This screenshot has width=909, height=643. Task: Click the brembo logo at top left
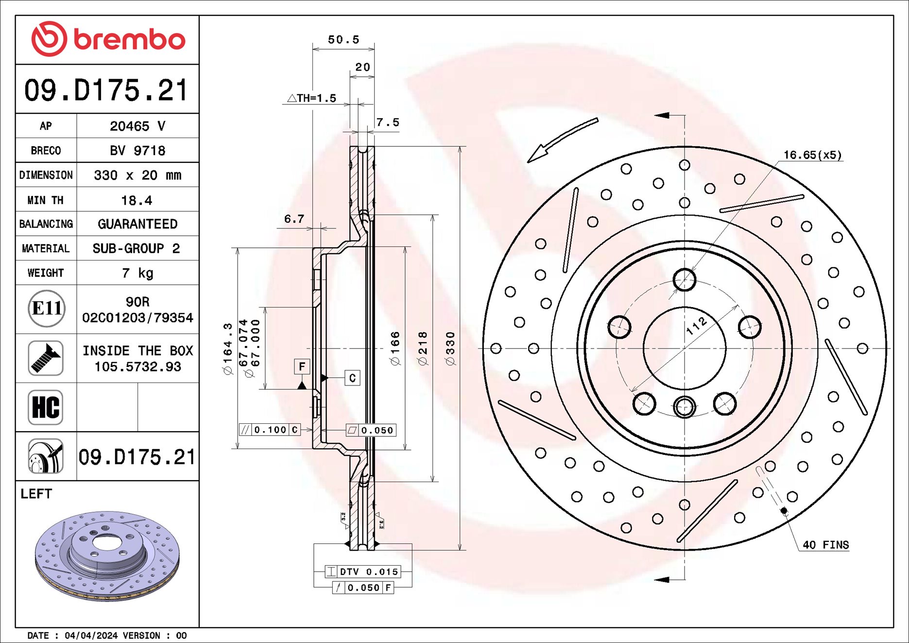[108, 39]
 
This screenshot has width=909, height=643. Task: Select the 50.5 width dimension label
[343, 40]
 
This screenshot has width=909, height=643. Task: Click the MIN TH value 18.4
[137, 200]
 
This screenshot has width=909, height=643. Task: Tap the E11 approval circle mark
[46, 309]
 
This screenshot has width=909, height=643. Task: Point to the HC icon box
[46, 407]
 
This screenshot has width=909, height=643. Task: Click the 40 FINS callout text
[825, 545]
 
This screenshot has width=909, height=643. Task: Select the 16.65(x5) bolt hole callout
[812, 155]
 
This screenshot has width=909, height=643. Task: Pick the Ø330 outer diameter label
[450, 348]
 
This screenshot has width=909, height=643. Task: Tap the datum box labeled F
[302, 366]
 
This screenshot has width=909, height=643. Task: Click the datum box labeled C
[352, 378]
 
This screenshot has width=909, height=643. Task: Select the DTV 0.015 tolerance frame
[363, 572]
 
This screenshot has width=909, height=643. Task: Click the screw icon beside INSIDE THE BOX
[46, 358]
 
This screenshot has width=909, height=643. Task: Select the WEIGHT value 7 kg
[137, 273]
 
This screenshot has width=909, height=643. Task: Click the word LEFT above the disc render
[36, 494]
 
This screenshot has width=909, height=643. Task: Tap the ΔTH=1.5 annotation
[312, 98]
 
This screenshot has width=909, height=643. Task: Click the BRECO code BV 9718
[137, 151]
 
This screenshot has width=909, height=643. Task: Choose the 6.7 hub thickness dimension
[294, 219]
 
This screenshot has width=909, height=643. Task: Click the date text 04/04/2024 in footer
[91, 635]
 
